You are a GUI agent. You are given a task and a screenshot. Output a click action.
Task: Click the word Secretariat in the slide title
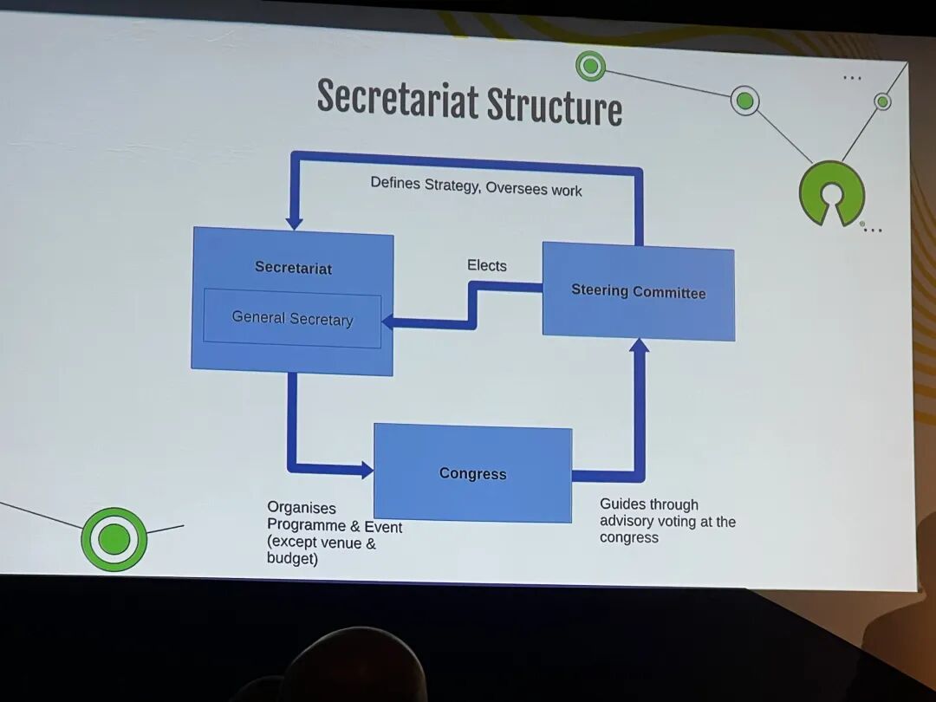(397, 100)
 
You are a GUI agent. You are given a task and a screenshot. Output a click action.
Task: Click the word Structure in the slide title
(554, 107)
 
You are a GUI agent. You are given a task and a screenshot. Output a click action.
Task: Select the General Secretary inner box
(292, 319)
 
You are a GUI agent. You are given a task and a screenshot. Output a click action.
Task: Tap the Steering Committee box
(638, 292)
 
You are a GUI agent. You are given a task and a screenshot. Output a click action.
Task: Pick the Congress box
(472, 473)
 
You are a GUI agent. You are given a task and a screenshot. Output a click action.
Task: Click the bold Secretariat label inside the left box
(293, 268)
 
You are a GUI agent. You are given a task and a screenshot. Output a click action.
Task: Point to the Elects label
(487, 265)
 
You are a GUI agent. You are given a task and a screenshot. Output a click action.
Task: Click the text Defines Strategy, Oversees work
(476, 185)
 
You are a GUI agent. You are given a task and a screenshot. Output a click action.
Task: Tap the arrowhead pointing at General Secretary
(388, 322)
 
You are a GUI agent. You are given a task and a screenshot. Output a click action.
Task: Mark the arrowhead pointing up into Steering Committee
(639, 346)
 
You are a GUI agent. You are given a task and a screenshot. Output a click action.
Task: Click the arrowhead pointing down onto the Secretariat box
(294, 222)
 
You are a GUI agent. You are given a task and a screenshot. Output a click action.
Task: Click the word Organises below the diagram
(302, 508)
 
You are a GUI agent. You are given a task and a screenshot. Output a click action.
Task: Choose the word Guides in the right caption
(622, 504)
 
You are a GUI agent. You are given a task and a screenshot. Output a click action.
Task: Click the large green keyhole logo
(832, 193)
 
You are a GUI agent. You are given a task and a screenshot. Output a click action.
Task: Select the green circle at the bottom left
(114, 539)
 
